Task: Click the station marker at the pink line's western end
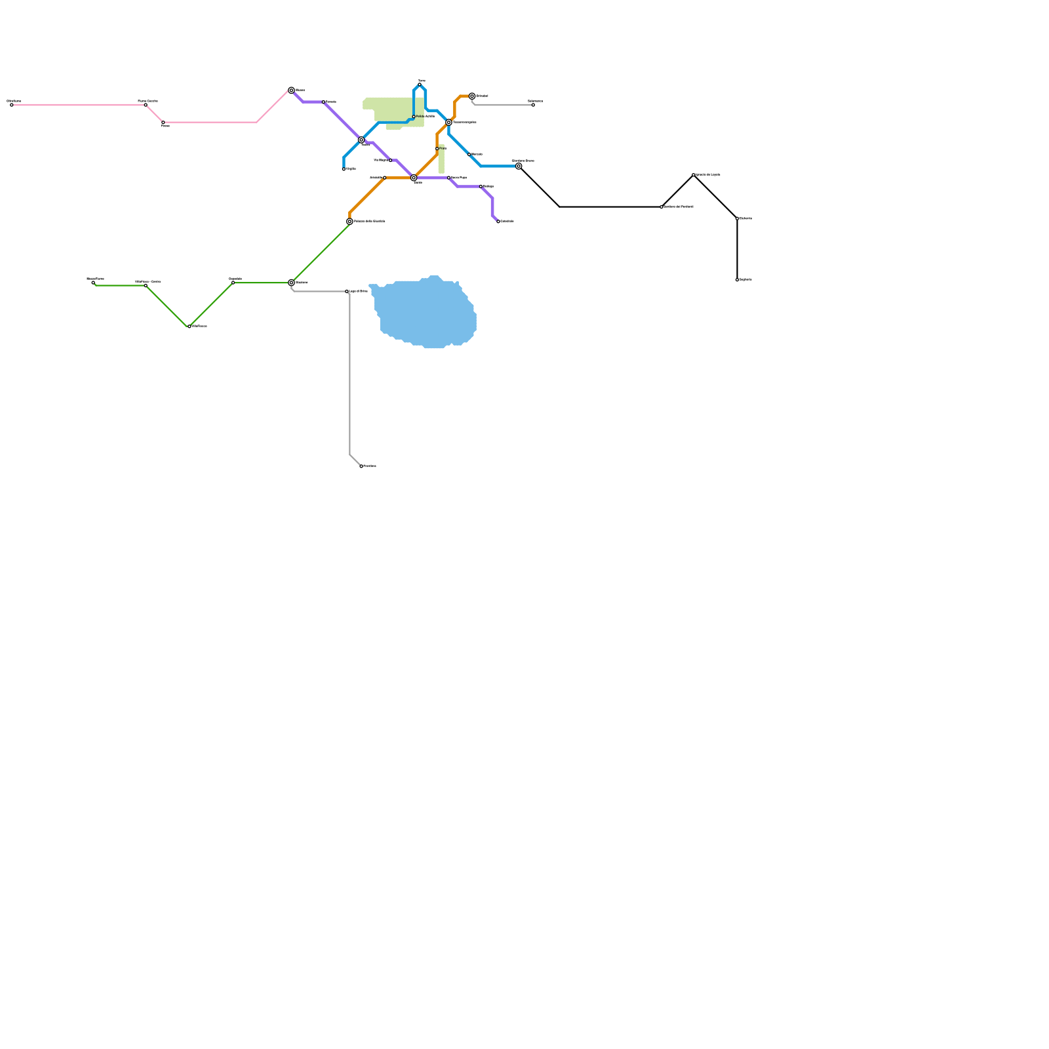pos(12,105)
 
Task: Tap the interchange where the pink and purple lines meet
pos(291,90)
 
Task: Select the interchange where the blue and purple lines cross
pos(361,140)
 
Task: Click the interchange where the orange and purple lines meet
pos(414,178)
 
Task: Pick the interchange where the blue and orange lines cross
pos(448,123)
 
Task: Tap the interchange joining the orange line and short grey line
pos(472,96)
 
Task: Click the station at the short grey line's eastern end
pos(533,105)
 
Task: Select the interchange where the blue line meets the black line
pos(519,166)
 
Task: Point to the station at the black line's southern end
pos(737,280)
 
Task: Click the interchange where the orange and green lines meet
pos(349,222)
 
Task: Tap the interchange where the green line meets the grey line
pos(291,283)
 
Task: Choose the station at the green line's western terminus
pos(93,283)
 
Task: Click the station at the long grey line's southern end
pos(361,466)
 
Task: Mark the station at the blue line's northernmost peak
pos(420,85)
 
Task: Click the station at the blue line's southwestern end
pos(344,169)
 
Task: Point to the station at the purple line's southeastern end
pos(498,222)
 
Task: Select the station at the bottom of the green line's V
pos(189,327)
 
